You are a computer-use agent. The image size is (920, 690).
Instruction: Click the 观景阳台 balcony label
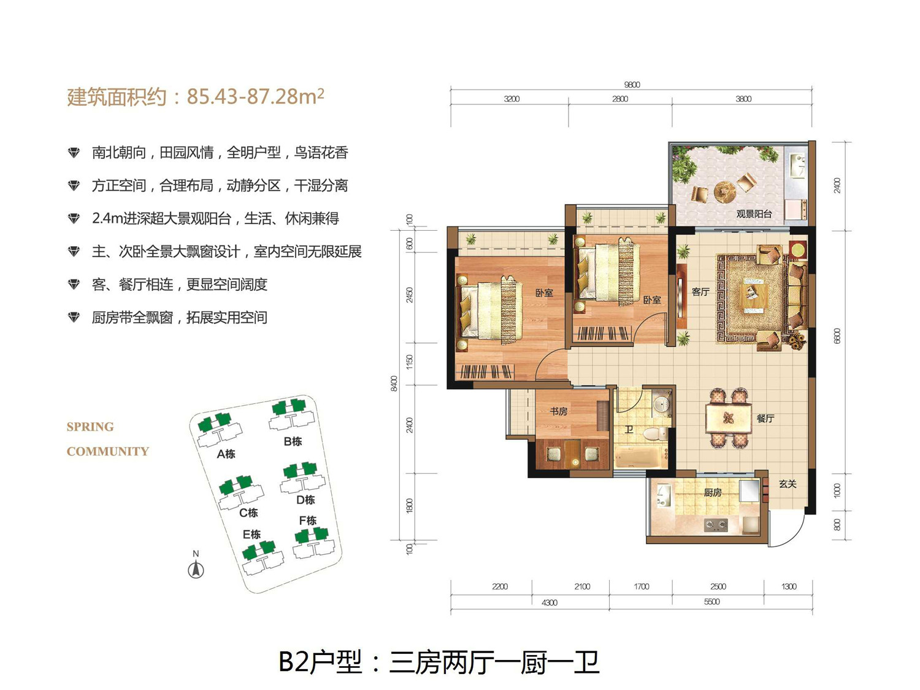(754, 214)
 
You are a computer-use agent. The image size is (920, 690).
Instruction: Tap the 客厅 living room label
(700, 292)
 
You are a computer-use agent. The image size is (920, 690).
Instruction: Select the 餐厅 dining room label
(765, 418)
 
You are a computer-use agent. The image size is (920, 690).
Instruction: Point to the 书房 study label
(558, 411)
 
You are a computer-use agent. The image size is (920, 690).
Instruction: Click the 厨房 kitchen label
(712, 492)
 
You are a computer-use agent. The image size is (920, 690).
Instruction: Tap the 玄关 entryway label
(788, 484)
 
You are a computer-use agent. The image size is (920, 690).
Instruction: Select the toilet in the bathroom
(654, 435)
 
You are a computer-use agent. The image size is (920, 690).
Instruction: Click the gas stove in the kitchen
(715, 525)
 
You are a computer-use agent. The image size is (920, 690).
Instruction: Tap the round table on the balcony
(724, 190)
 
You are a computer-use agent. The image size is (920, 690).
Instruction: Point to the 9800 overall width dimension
(632, 85)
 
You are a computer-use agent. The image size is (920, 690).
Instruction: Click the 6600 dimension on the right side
(837, 336)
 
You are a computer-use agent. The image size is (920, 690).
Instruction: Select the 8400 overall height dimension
(394, 384)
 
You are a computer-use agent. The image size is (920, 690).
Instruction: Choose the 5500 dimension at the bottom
(711, 602)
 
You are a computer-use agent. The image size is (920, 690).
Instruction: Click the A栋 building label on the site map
(226, 454)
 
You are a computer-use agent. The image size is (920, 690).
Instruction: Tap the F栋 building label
(307, 521)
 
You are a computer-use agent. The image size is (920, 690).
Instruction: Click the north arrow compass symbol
(196, 570)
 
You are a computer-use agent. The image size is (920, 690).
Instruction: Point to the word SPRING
(90, 427)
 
